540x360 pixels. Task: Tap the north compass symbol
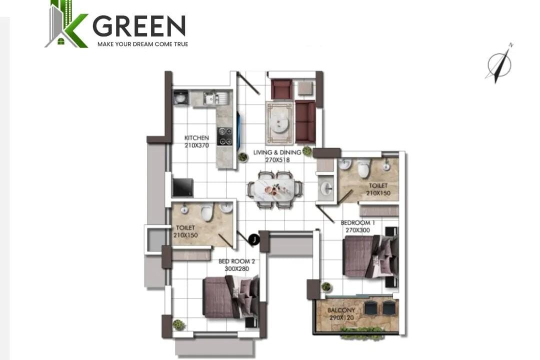[499, 63]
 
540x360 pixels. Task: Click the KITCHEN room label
[196, 138]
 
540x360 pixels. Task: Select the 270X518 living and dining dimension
[277, 160]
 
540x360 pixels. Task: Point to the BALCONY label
[341, 310]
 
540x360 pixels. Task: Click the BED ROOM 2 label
[236, 261]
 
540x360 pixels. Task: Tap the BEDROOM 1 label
[358, 223]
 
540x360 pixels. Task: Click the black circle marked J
[254, 239]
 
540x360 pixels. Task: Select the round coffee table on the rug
[279, 122]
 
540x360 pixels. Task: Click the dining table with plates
[274, 190]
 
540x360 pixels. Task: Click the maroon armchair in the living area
[281, 89]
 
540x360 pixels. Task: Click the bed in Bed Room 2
[231, 297]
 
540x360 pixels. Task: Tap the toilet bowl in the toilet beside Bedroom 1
[363, 168]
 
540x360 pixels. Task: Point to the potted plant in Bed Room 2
[178, 324]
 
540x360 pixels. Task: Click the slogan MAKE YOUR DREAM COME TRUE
[142, 44]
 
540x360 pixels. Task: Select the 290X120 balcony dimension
[341, 317]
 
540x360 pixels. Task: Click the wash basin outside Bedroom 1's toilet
[326, 188]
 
